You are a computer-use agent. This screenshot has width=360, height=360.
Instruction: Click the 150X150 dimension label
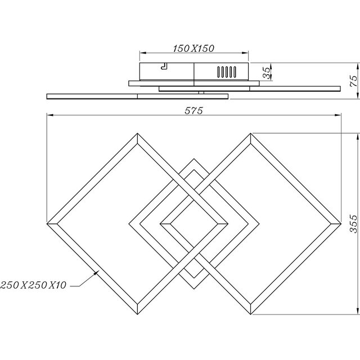click(194, 49)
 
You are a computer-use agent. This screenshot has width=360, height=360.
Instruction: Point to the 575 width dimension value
click(194, 110)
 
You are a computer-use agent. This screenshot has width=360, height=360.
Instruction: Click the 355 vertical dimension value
click(353, 222)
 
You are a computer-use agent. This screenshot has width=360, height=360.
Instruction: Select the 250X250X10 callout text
click(34, 285)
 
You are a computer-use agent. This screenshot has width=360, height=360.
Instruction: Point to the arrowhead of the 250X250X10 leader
click(98, 272)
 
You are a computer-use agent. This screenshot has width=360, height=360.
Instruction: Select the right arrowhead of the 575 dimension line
click(339, 116)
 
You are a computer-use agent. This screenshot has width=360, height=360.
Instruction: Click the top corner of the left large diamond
click(138, 133)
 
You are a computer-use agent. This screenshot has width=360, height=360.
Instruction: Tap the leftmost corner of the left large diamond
click(47, 223)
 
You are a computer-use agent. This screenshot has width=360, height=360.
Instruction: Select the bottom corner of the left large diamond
click(138, 313)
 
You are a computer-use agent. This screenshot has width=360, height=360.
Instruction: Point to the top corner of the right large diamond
click(249, 133)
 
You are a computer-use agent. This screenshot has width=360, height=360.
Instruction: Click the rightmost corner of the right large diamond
click(340, 223)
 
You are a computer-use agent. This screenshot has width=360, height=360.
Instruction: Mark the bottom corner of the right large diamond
click(249, 313)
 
